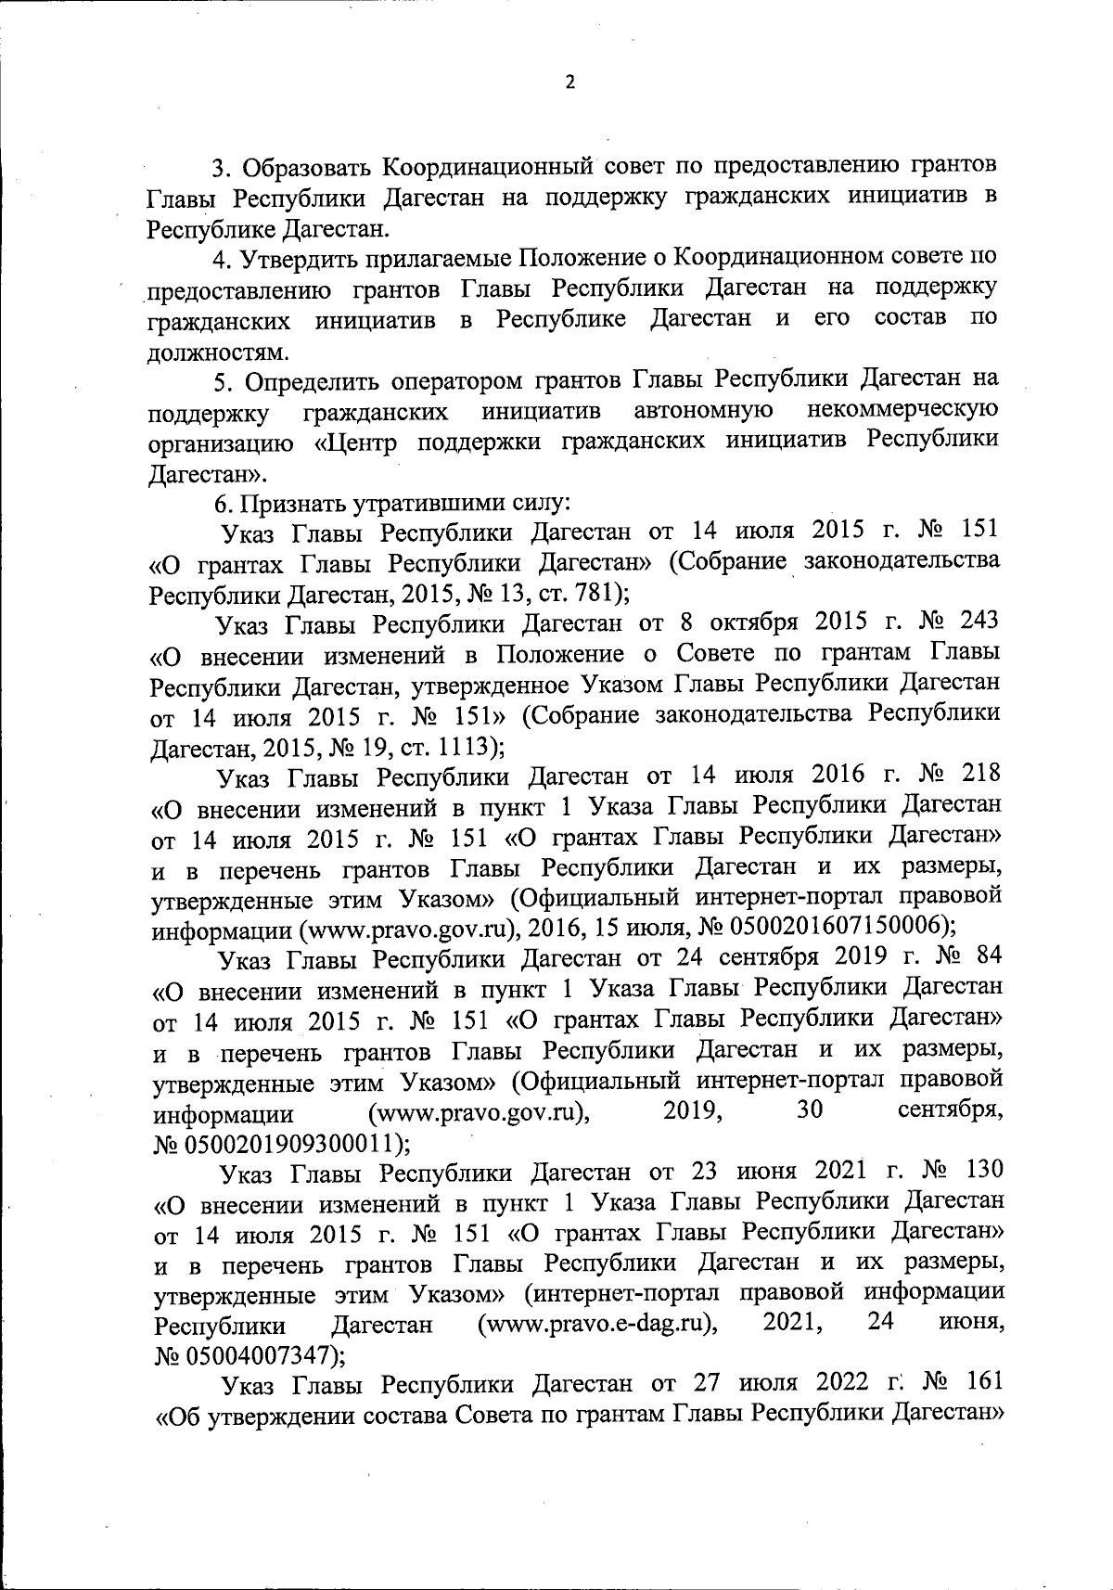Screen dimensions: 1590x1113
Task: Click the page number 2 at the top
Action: (x=569, y=83)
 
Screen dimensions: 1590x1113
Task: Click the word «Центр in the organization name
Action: (x=358, y=442)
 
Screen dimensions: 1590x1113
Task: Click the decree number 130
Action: (x=979, y=1171)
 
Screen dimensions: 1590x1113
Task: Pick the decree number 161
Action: (x=981, y=1383)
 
